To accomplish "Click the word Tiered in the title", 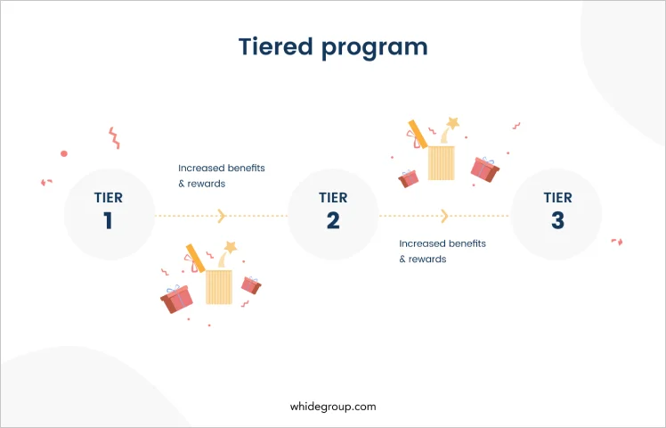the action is pos(276,46).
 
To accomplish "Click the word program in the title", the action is pos(374,48).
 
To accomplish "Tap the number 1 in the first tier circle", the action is pos(108,220).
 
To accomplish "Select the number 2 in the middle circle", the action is pos(333,220).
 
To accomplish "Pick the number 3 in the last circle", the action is pos(557,220).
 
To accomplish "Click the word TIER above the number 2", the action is pos(333,198).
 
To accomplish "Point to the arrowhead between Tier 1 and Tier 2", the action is pos(222,216).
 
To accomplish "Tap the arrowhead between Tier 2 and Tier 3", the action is pos(444,216).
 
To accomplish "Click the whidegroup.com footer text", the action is pos(333,407).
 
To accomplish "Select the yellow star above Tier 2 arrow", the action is pos(453,123).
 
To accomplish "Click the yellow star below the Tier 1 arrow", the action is pos(231,247).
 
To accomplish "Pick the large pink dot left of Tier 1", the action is pos(64,153).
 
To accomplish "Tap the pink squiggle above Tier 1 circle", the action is pos(114,138).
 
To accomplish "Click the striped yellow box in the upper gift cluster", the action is pos(441,163).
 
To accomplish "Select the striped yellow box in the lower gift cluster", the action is pos(219,287).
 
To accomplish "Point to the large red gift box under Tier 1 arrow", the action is pos(176,299).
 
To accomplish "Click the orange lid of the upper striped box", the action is pos(418,134).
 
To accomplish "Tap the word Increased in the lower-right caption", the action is pos(419,243).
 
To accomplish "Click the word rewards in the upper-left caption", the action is pos(207,184).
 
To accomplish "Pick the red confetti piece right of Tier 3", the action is pos(617,242).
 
